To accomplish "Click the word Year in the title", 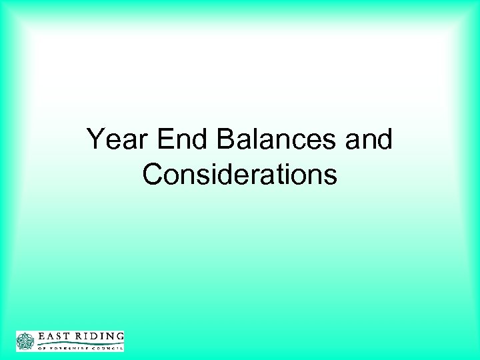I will [116, 141].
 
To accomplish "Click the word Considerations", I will [239, 174].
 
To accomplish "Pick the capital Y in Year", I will [96, 141].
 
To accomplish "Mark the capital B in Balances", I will [224, 141].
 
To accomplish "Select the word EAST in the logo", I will [53, 336].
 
